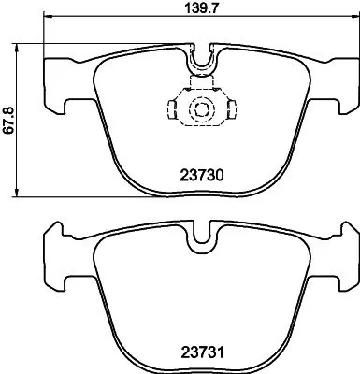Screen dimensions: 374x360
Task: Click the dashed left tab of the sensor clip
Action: [174, 110]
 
